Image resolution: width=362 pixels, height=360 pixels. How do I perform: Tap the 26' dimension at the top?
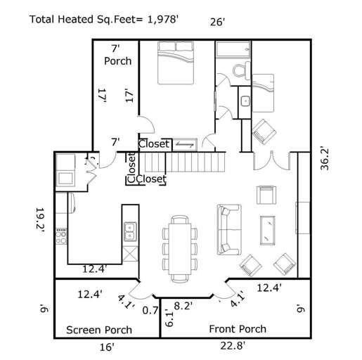click(217, 22)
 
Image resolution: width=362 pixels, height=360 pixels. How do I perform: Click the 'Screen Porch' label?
click(99, 330)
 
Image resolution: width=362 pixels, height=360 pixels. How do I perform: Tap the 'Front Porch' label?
click(238, 329)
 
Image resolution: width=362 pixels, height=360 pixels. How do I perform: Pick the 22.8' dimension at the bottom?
click(233, 345)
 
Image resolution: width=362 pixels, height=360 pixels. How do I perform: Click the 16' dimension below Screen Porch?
click(106, 347)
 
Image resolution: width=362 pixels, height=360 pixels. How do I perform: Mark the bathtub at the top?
click(233, 49)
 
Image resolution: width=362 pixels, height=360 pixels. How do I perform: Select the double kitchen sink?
click(131, 229)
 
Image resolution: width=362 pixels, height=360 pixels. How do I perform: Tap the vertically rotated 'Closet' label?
click(131, 166)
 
